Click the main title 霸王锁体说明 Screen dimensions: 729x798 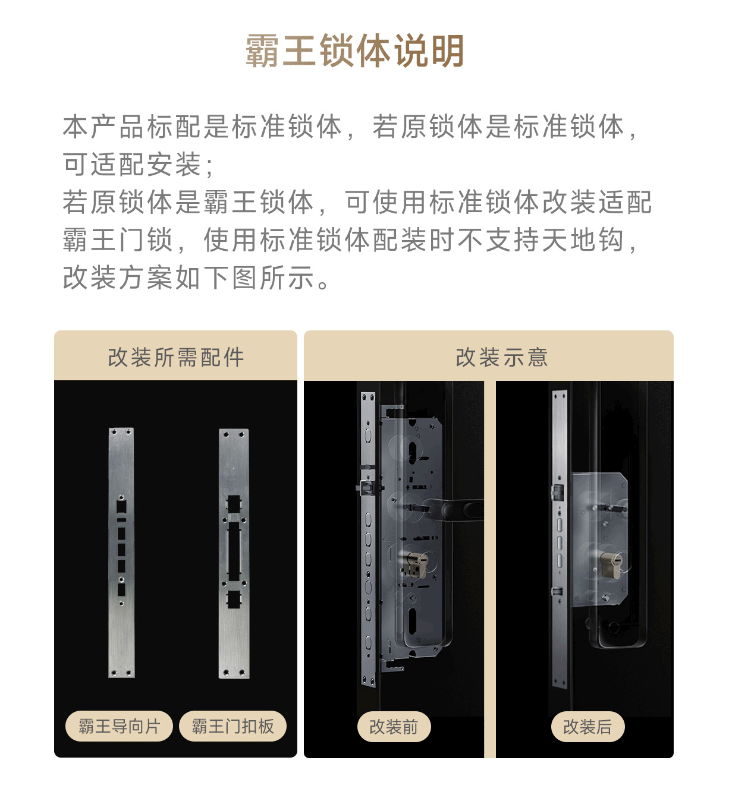[x=354, y=51]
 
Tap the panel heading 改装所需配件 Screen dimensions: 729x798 [x=175, y=357]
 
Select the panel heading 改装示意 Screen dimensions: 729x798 [x=502, y=357]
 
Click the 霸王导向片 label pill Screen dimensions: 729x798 [x=119, y=726]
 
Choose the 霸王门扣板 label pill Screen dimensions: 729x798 [x=233, y=726]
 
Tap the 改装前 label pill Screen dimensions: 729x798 [x=394, y=726]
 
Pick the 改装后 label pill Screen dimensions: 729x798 [x=587, y=726]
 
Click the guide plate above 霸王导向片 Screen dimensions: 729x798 [x=121, y=553]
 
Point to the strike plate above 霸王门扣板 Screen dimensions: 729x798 [x=234, y=553]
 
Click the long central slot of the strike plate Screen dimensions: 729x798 [x=234, y=551]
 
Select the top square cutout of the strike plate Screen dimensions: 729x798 [x=234, y=504]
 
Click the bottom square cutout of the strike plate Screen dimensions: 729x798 [x=234, y=600]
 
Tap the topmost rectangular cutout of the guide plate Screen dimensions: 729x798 [x=121, y=507]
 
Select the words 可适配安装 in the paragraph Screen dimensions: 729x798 [x=132, y=164]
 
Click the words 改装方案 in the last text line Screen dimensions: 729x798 [x=118, y=277]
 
